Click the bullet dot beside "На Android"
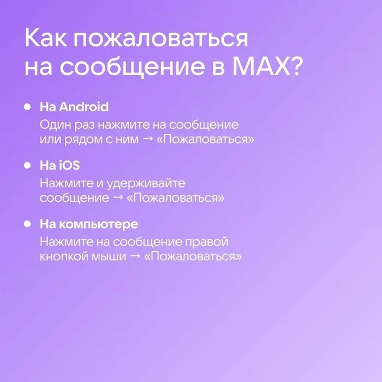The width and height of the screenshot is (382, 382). [x=27, y=106]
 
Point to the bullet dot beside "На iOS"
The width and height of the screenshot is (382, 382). [x=27, y=165]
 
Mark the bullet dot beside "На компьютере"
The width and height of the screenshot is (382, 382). [x=27, y=224]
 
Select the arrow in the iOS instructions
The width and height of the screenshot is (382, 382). [x=117, y=198]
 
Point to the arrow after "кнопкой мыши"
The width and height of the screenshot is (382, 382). [x=134, y=257]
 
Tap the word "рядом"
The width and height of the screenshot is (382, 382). [x=78, y=139]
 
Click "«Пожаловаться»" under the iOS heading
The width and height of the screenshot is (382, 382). [x=175, y=198]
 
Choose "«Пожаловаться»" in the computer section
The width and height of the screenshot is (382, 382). [x=193, y=257]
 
